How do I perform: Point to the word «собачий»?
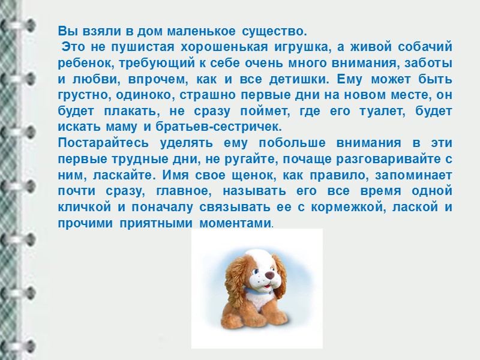click(x=427, y=47)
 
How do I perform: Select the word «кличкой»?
click(x=82, y=207)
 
